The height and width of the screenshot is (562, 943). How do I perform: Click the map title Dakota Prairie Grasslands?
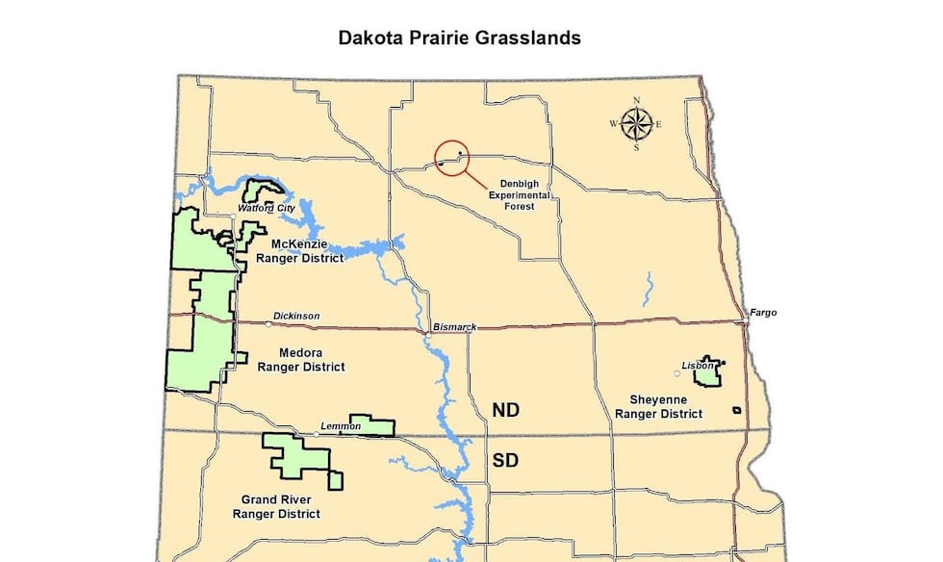point(458,38)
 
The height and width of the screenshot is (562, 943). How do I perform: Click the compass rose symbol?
point(636,123)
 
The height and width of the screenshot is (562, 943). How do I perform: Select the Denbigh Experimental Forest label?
point(524,194)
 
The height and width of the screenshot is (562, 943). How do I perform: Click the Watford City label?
point(266,208)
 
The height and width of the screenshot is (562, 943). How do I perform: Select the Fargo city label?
point(759,313)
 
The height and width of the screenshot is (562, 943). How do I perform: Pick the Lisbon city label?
point(697,366)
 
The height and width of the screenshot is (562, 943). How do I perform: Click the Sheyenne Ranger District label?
point(658,407)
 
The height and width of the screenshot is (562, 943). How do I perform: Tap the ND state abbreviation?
point(505,410)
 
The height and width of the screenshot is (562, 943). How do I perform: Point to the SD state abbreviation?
point(505,460)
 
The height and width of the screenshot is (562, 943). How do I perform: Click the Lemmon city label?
point(339,426)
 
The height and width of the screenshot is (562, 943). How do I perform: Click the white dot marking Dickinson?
point(268,324)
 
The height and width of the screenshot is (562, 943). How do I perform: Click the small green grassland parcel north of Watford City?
point(262,190)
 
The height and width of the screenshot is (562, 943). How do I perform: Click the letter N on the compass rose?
point(636,101)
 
